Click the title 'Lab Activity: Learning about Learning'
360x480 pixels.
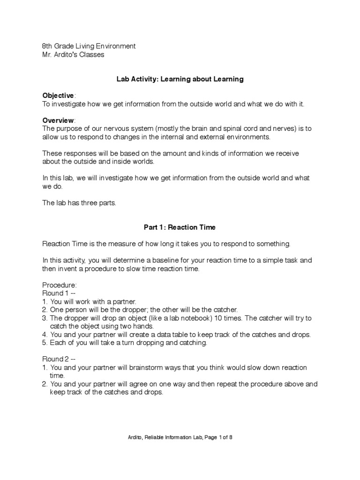point(180,79)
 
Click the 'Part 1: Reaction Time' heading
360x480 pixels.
point(180,227)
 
